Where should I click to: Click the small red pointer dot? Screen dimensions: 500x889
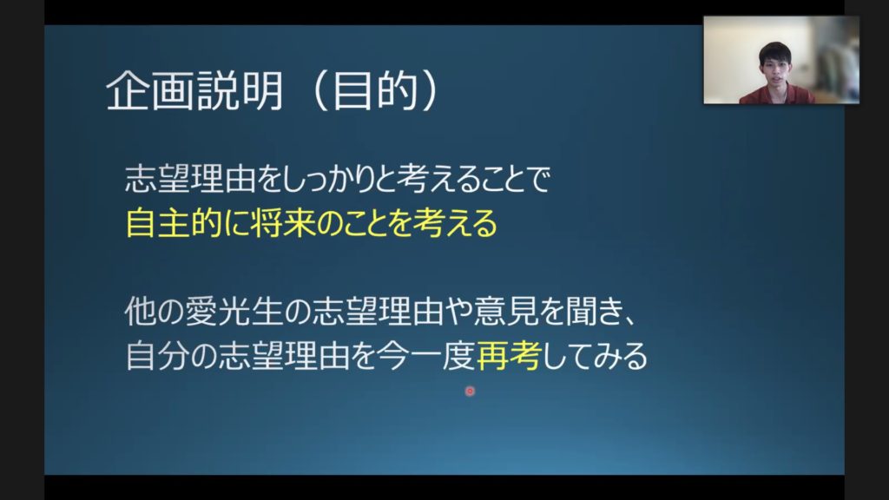click(470, 391)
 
